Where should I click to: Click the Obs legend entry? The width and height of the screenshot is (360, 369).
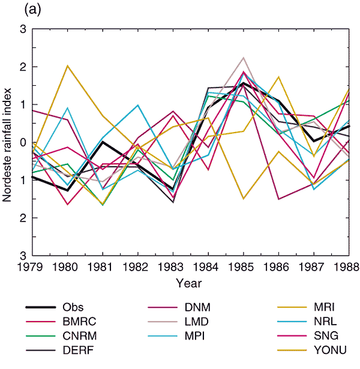(x=73, y=308)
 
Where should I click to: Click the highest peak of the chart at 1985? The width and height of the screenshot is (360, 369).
(x=244, y=58)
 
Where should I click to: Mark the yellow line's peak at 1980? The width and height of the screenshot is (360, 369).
(x=68, y=65)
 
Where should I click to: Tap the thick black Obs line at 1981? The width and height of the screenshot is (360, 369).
(x=103, y=142)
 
